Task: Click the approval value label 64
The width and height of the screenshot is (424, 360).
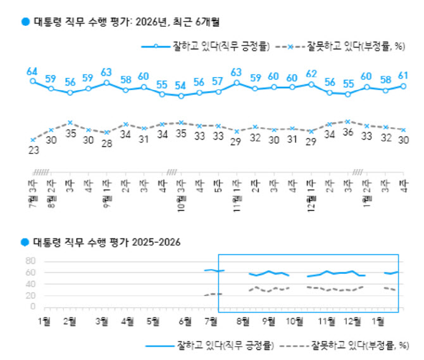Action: pos(32,70)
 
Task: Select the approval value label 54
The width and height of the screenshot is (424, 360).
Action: pos(181,85)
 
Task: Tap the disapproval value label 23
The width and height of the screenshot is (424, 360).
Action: pos(32,150)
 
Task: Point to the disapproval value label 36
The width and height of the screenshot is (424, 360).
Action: pos(348,132)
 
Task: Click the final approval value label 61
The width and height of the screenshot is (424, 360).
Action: pos(403,75)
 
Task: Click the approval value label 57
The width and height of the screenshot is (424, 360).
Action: pos(218,81)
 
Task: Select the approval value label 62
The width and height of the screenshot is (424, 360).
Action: pos(311,73)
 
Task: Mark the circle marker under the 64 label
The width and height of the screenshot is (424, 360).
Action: pos(32,81)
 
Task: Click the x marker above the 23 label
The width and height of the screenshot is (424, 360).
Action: pos(32,139)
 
